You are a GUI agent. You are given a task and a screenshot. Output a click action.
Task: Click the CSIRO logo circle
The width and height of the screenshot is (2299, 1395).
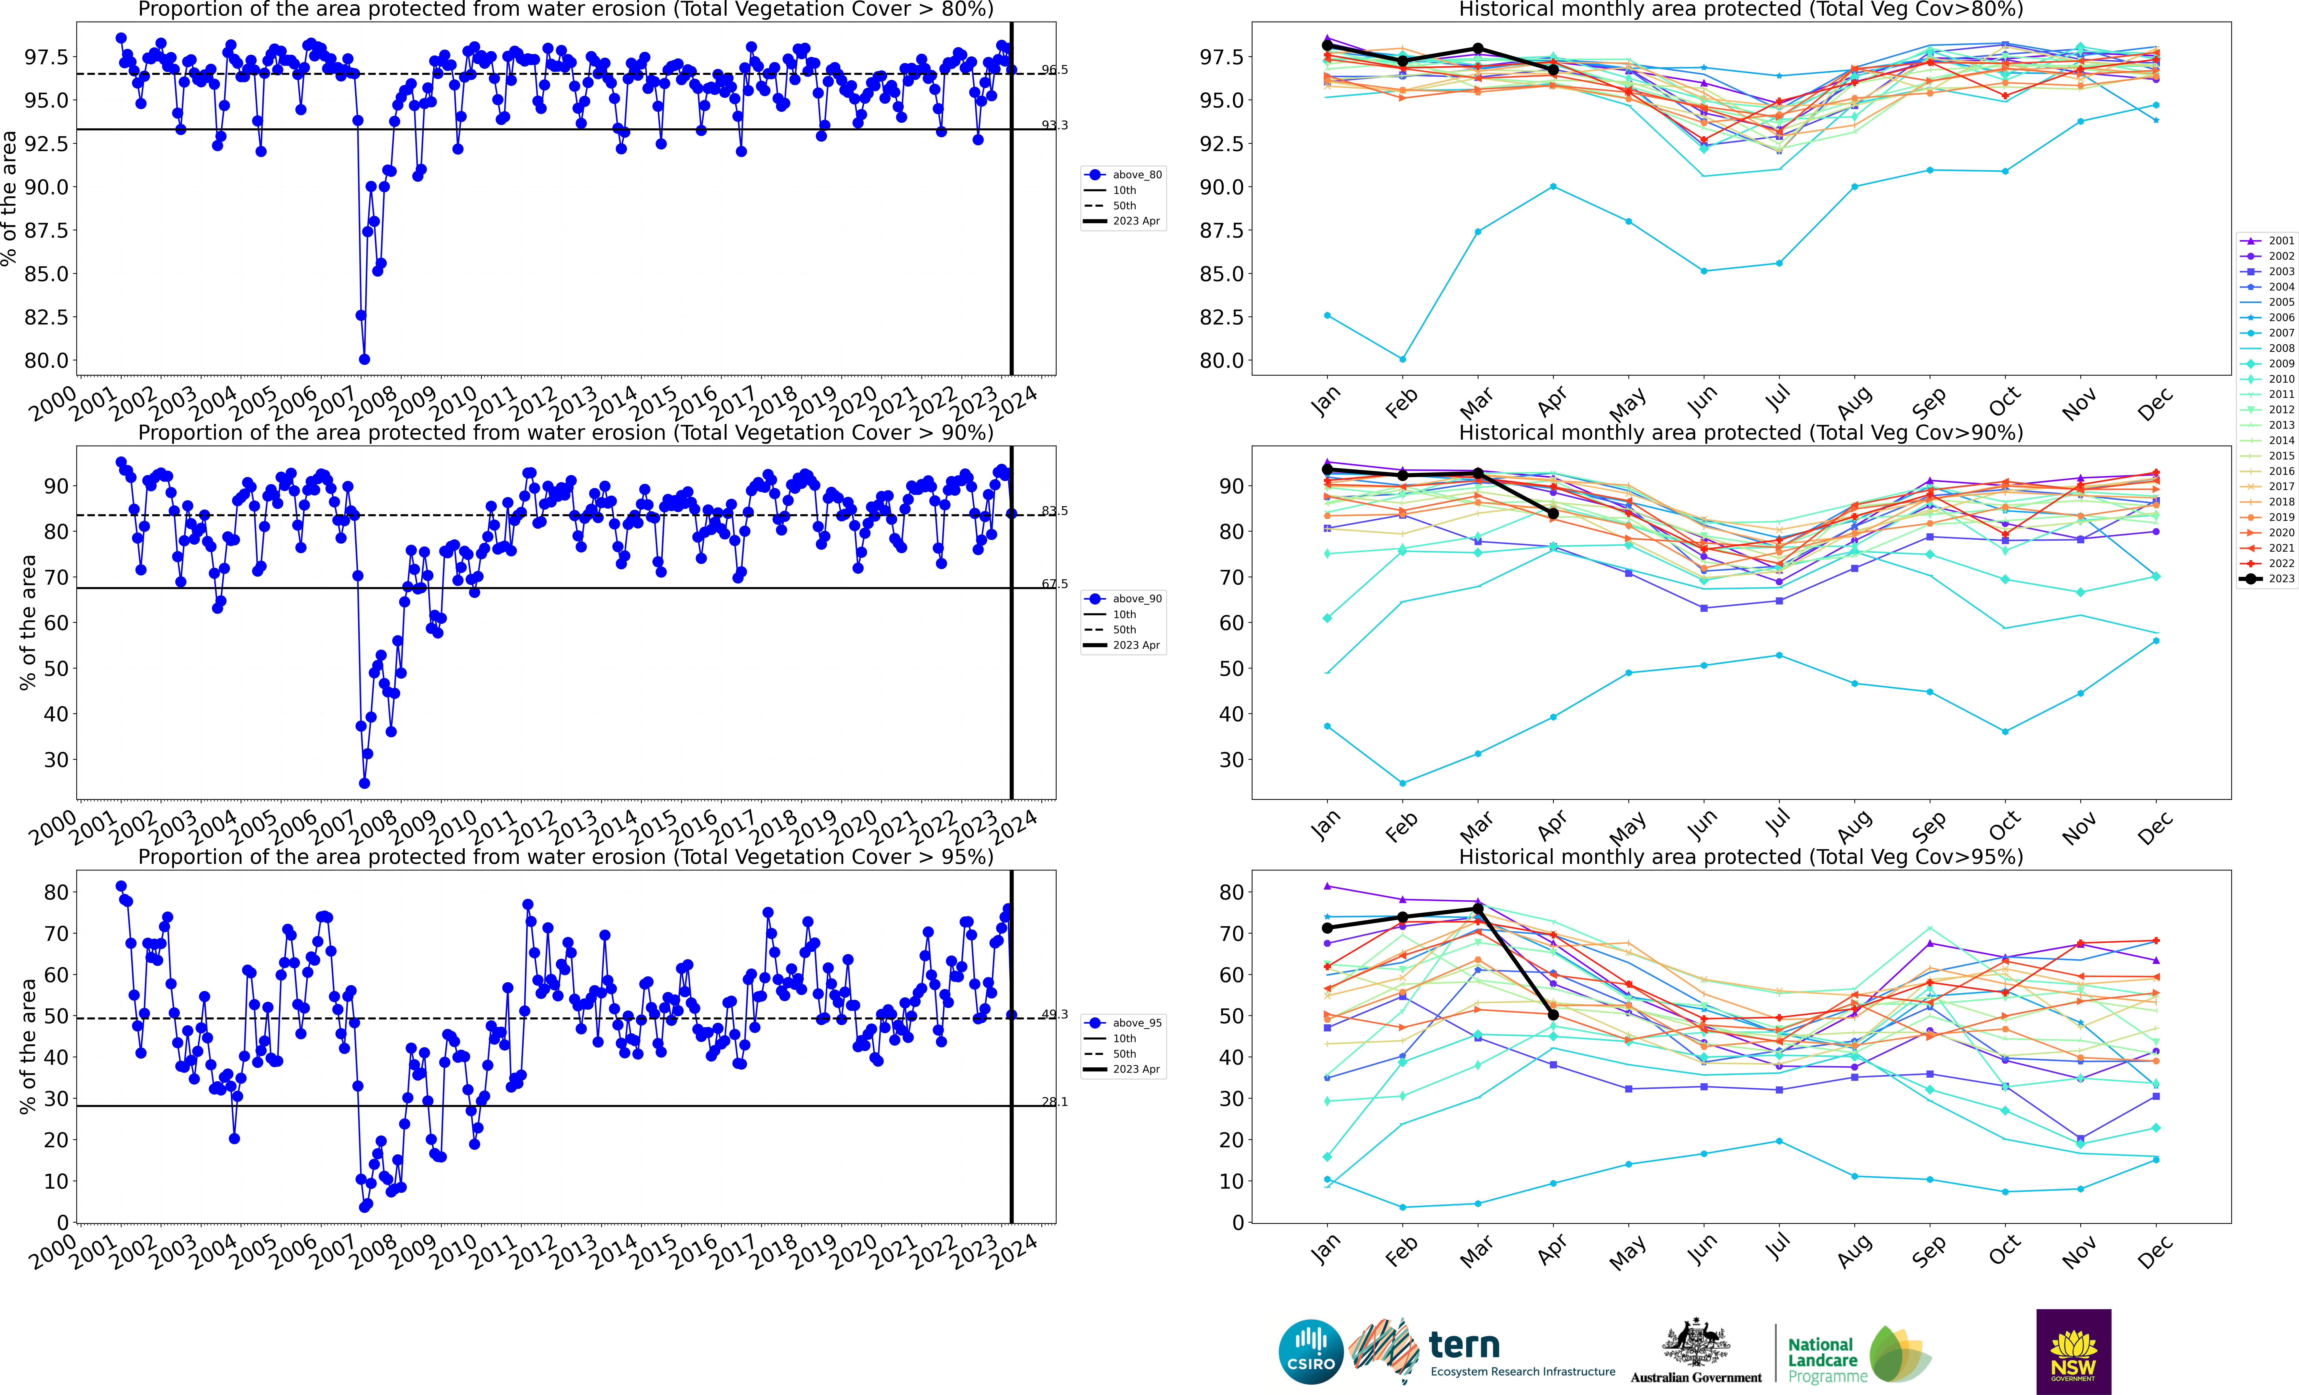tap(1311, 1351)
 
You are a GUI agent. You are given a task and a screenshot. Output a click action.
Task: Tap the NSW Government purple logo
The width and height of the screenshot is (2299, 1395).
tap(2073, 1351)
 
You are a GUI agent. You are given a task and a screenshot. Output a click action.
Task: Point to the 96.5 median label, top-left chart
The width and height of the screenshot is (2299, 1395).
tap(1054, 70)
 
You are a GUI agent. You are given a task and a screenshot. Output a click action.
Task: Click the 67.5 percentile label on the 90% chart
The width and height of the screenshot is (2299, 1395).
tap(1054, 584)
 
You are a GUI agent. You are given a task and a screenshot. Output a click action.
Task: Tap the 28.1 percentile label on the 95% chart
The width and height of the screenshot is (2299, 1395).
tap(1054, 1102)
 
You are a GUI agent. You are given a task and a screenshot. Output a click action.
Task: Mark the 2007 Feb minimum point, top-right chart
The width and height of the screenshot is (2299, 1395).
tap(1402, 359)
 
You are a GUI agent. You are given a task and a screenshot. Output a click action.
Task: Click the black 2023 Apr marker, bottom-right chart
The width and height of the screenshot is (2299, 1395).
tap(1553, 1015)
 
